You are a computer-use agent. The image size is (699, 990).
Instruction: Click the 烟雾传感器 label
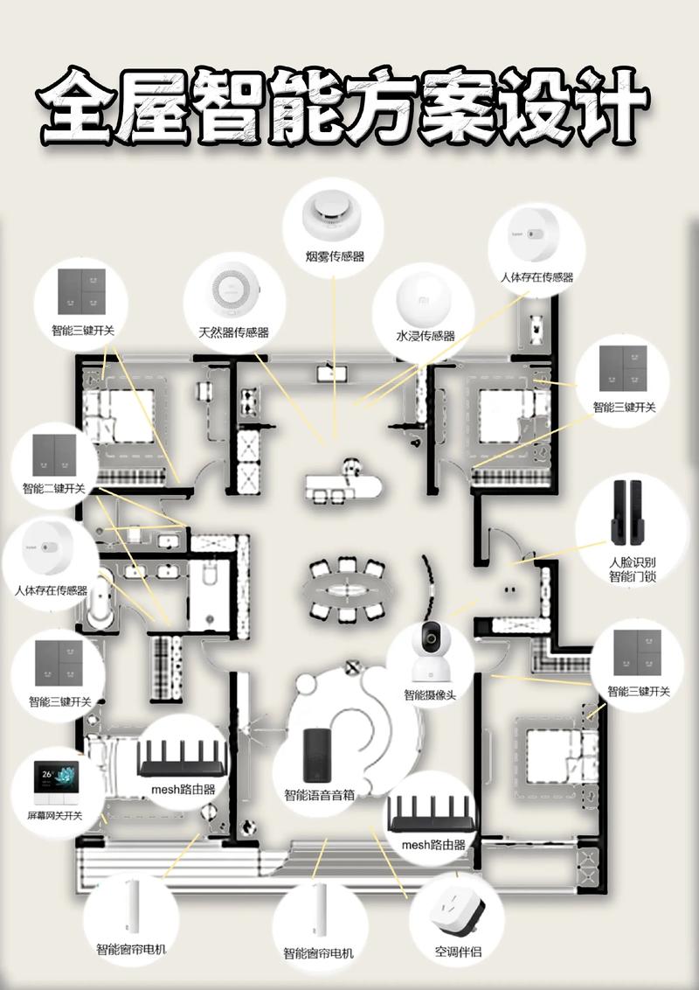tap(335, 256)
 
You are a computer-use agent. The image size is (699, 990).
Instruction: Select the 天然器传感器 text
tap(233, 333)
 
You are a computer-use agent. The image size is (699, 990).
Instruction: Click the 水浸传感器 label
tap(426, 337)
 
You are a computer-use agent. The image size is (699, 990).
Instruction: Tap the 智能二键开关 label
tap(54, 488)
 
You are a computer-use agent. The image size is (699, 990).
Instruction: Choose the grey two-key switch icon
tap(54, 450)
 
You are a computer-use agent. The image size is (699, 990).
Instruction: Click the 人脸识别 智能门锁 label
tap(632, 569)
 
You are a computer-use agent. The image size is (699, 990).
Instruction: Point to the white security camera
tap(430, 653)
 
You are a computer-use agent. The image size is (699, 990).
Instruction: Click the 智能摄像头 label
tap(430, 695)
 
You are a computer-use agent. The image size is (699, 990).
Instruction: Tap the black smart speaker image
tap(318, 754)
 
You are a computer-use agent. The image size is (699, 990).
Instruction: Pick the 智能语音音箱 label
tap(319, 796)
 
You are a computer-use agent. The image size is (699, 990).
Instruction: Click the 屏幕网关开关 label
tap(54, 816)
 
